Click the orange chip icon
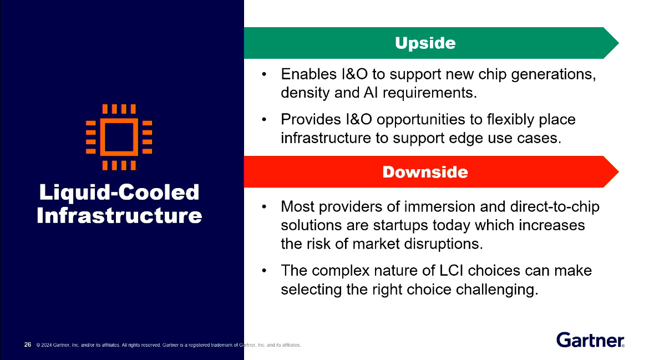coord(119,136)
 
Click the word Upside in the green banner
coord(425,43)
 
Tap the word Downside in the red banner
coord(425,172)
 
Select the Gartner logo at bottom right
coord(590,339)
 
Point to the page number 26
coord(27,344)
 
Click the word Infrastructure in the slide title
coord(119,215)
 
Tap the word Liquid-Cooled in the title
coord(119,192)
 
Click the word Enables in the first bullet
coord(307,74)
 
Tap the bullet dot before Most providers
coord(265,207)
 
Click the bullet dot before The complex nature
coord(265,271)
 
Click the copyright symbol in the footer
coord(38,345)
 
